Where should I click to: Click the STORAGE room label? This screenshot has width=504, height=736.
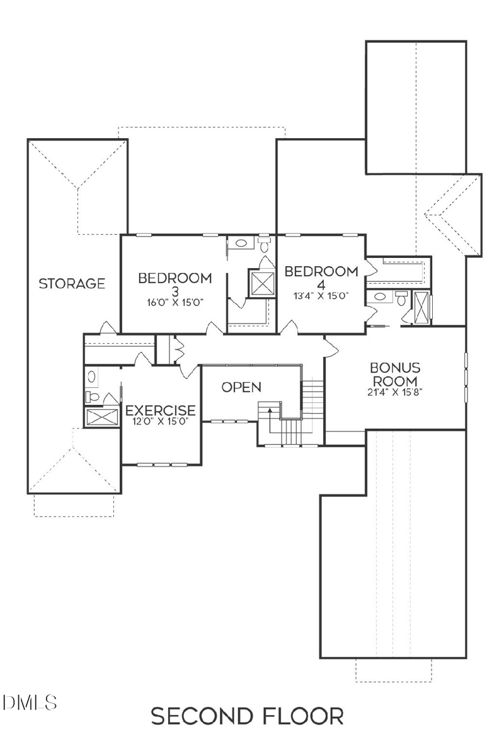[x=72, y=284]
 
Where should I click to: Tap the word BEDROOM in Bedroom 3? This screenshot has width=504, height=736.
[x=175, y=278]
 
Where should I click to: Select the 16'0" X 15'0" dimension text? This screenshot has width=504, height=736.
[x=175, y=302]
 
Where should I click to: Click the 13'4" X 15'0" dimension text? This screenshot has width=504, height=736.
[x=321, y=295]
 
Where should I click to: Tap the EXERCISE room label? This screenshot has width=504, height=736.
[x=161, y=411]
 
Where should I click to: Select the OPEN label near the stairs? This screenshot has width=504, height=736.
[x=241, y=387]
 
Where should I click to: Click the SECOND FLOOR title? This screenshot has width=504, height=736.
[x=248, y=716]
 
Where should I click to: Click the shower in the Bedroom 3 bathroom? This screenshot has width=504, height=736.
[x=261, y=282]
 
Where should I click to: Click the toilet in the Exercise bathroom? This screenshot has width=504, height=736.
[x=92, y=397]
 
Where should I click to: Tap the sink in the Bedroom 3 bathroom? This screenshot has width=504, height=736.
[x=240, y=243]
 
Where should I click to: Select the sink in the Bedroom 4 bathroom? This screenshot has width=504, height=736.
[x=380, y=297]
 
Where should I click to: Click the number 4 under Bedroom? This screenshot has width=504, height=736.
[x=321, y=284]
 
